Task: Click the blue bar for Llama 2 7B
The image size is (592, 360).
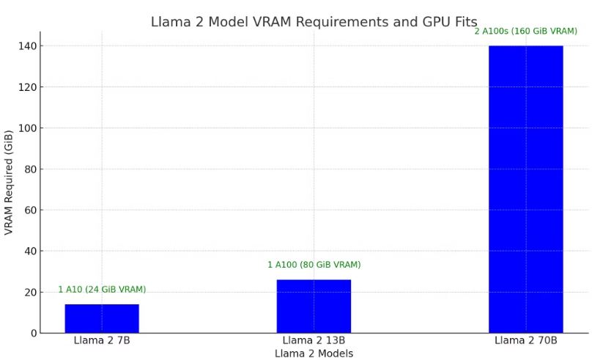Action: click(x=102, y=318)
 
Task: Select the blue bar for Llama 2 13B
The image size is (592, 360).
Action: click(x=314, y=306)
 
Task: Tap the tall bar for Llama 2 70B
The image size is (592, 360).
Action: click(x=525, y=189)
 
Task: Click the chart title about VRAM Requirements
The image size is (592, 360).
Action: click(x=314, y=22)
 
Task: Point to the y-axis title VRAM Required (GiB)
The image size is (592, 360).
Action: click(x=9, y=182)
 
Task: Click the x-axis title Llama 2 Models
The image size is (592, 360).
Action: click(x=314, y=353)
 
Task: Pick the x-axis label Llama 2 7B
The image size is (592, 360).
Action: click(x=102, y=340)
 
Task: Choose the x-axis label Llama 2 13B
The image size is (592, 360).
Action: click(x=314, y=340)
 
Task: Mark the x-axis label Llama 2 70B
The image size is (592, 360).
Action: click(x=525, y=340)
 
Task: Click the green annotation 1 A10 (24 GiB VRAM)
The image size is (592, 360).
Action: click(x=102, y=290)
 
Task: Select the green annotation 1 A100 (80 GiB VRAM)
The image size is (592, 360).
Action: click(x=314, y=265)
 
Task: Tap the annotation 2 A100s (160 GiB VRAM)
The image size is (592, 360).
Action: click(x=525, y=32)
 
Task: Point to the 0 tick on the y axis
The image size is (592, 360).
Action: click(x=33, y=333)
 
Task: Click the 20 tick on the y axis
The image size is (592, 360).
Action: click(x=30, y=292)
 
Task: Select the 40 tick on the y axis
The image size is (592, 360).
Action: click(x=30, y=251)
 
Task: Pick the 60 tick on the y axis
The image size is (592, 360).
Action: click(x=30, y=210)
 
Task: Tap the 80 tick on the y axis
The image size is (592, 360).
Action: click(x=30, y=169)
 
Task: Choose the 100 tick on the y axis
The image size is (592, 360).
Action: click(x=27, y=128)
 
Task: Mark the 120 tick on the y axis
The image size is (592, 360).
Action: click(x=27, y=87)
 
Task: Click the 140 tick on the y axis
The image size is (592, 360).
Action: click(x=27, y=45)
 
